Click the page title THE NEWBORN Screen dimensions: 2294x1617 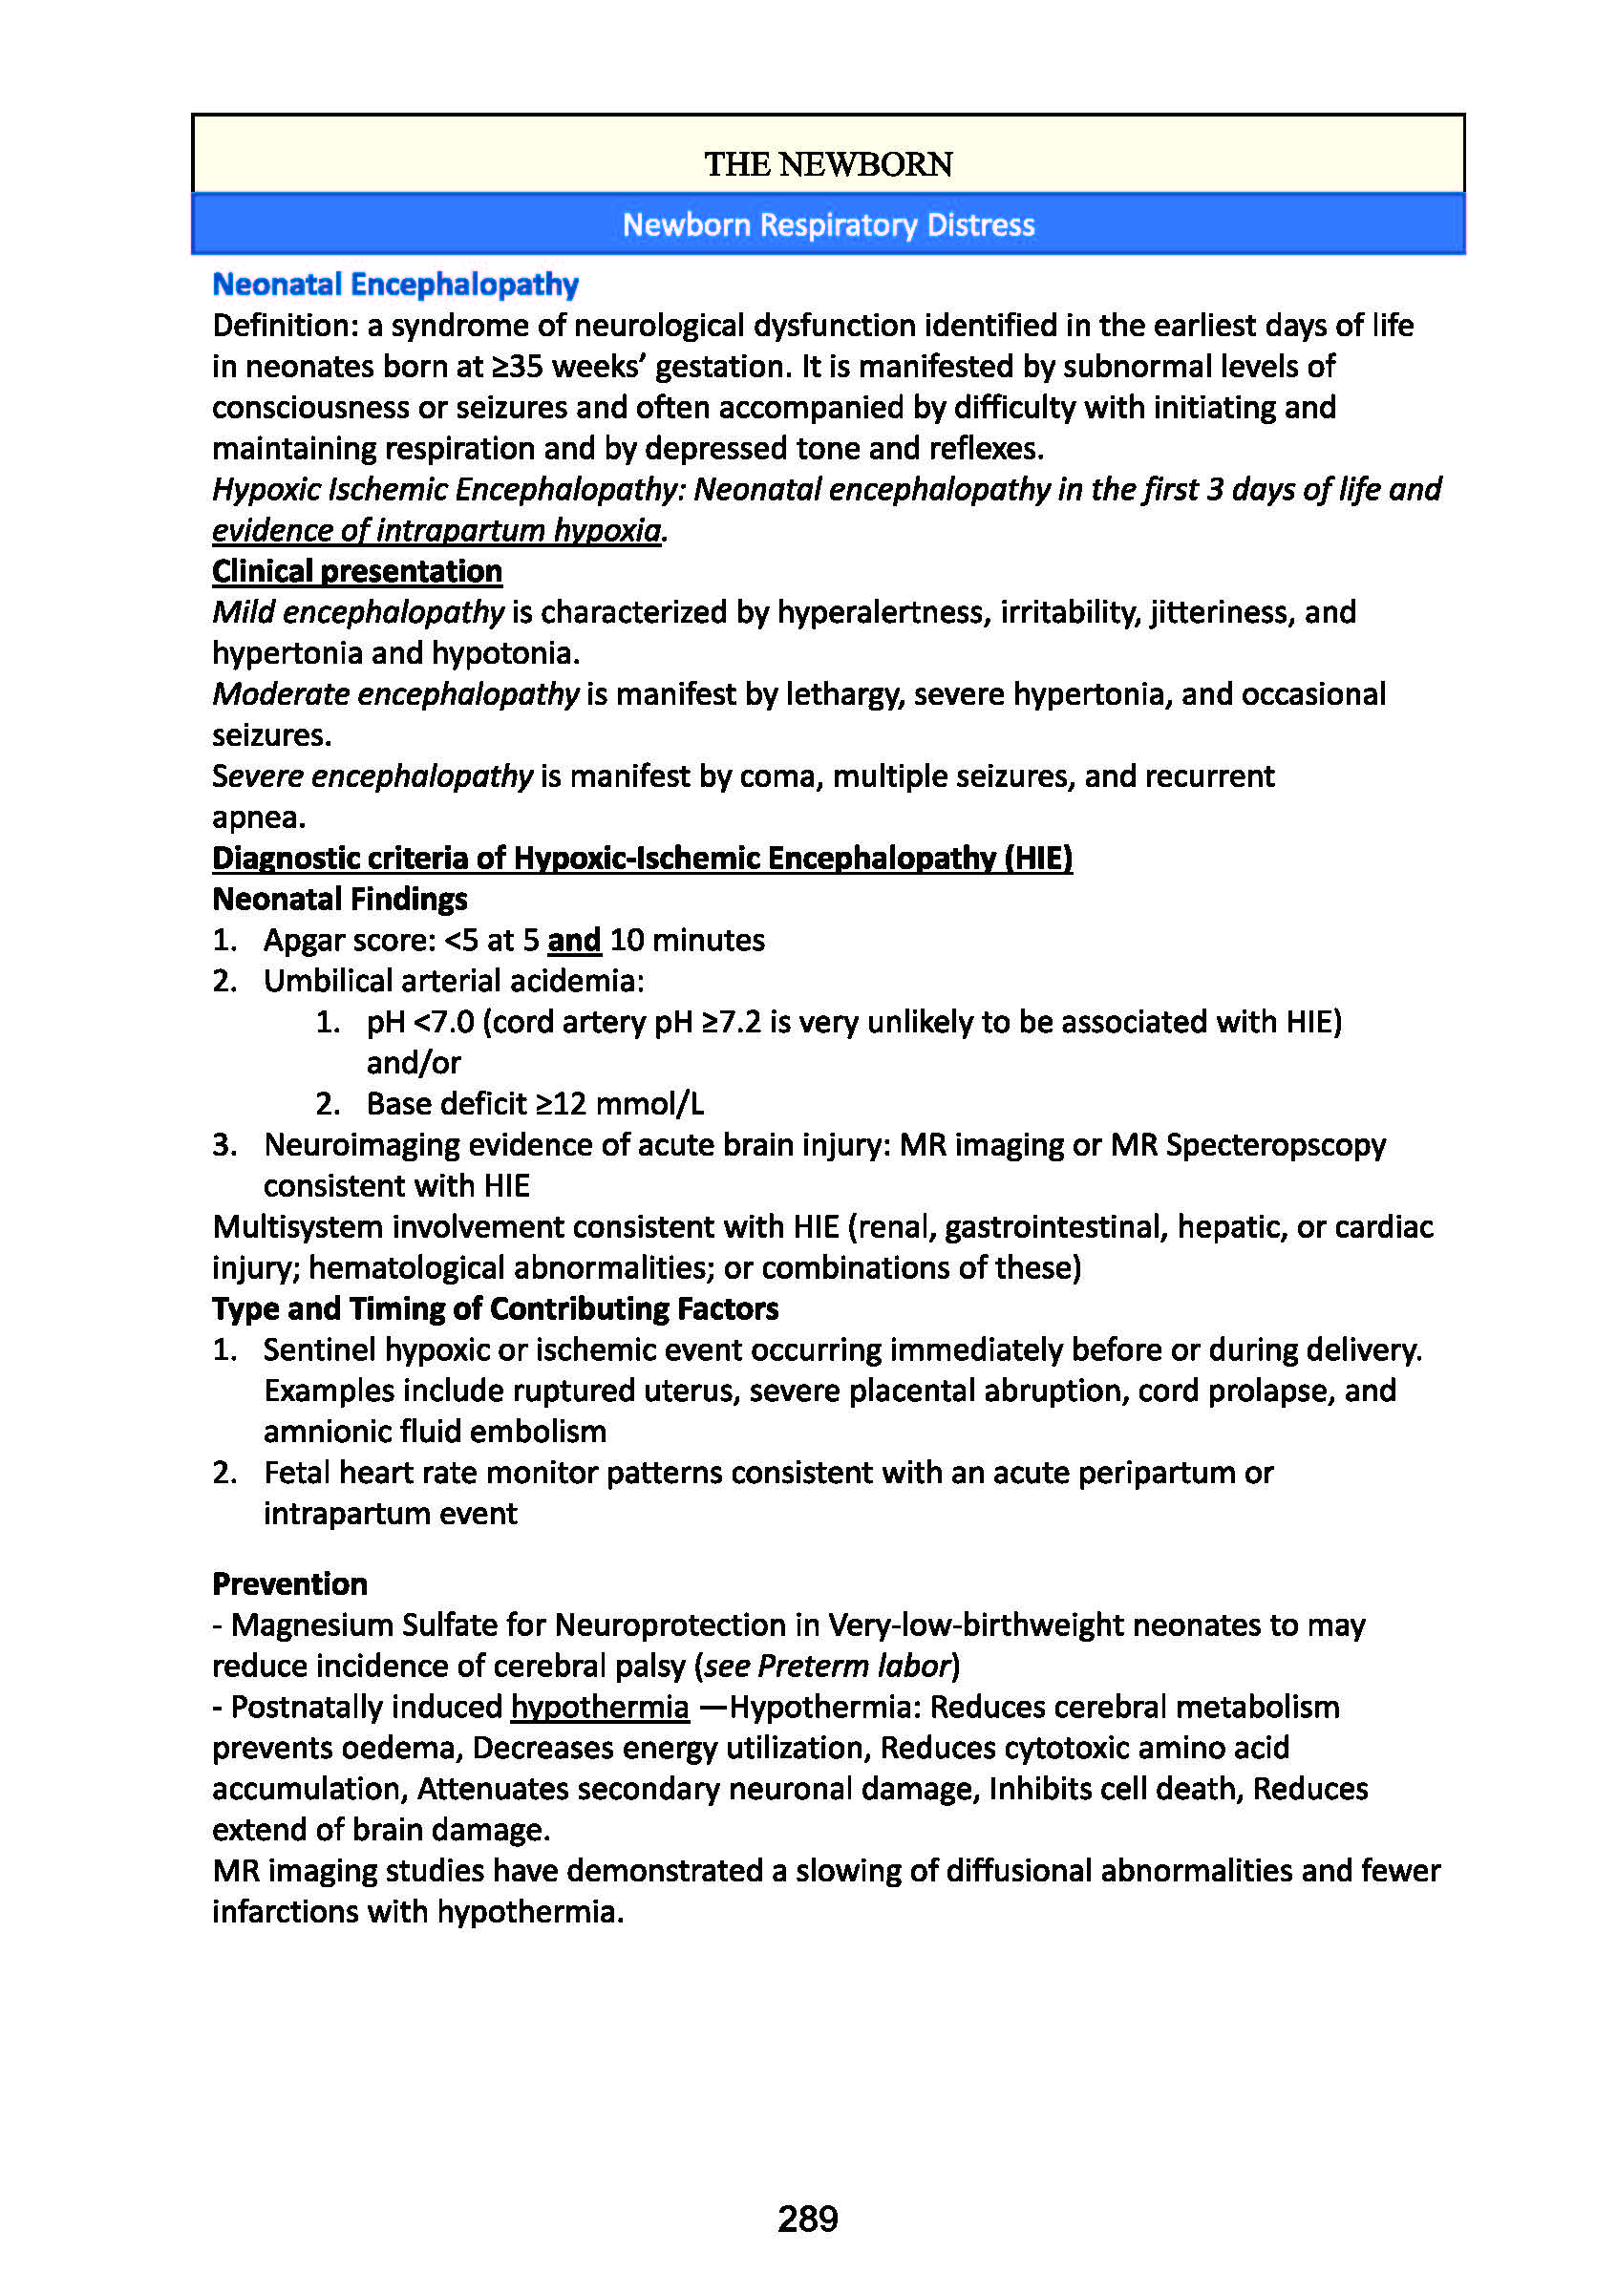(x=827, y=164)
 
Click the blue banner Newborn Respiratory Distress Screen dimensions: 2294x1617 (x=827, y=224)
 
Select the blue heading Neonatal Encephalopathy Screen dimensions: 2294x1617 (x=394, y=285)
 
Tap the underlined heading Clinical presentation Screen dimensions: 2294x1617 (x=357, y=571)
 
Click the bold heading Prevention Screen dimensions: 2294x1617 (x=289, y=1583)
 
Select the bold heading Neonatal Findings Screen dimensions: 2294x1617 (x=340, y=900)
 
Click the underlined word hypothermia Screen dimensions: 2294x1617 (x=600, y=1707)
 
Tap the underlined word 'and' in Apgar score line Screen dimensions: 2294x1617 (x=574, y=940)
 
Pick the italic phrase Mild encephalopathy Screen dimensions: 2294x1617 (x=358, y=612)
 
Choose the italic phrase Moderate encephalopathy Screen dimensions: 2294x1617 (x=394, y=694)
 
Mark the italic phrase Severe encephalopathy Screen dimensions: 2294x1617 (x=372, y=776)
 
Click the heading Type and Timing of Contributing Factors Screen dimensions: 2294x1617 (x=495, y=1308)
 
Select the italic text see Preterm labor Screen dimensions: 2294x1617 (x=826, y=1666)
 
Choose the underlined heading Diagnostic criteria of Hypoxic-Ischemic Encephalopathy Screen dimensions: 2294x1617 (x=642, y=859)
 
